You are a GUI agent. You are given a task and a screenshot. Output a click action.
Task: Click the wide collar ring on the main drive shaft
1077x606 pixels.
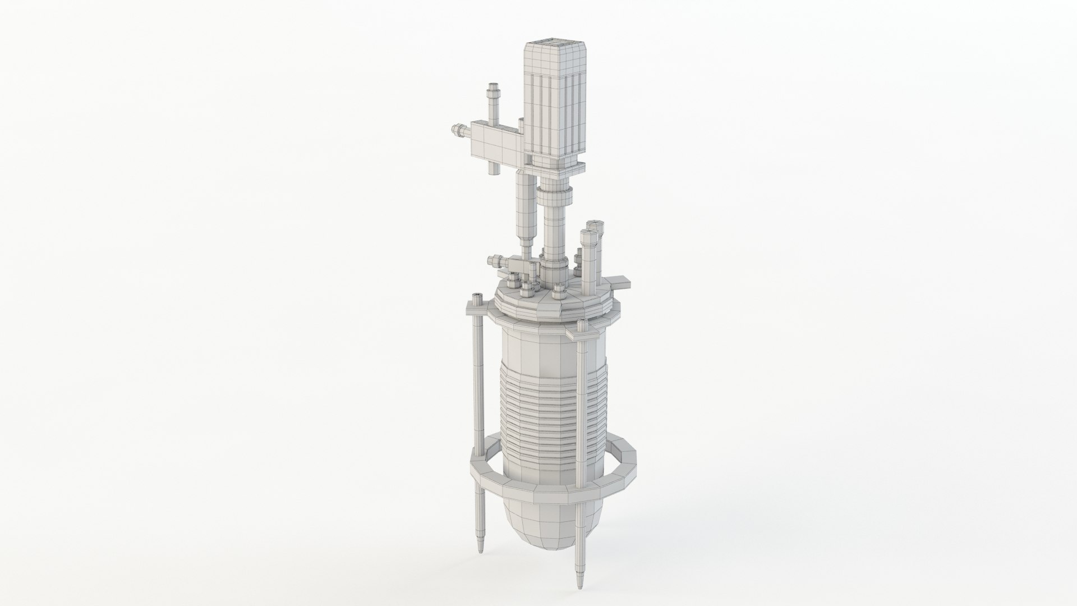click(556, 198)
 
